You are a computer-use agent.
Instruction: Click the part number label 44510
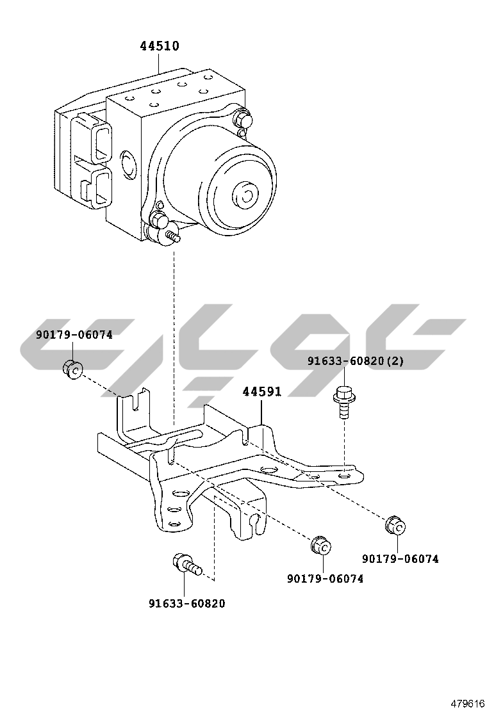(160, 46)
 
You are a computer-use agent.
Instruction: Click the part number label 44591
(261, 392)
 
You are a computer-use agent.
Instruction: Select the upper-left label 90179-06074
(74, 334)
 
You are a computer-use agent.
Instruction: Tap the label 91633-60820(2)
(355, 361)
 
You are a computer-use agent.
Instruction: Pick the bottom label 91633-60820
(187, 603)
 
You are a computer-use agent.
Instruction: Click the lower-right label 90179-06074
(400, 558)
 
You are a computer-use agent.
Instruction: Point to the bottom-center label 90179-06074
(325, 578)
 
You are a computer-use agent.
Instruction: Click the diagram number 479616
(467, 702)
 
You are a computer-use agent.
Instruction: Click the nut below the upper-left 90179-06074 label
(73, 369)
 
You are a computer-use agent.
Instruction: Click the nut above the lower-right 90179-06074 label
(395, 525)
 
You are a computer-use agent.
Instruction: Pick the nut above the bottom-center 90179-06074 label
(320, 546)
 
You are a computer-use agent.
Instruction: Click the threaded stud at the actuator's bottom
(172, 238)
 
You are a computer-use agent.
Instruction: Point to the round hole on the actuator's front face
(128, 164)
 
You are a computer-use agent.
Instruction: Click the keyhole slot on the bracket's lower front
(255, 522)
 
